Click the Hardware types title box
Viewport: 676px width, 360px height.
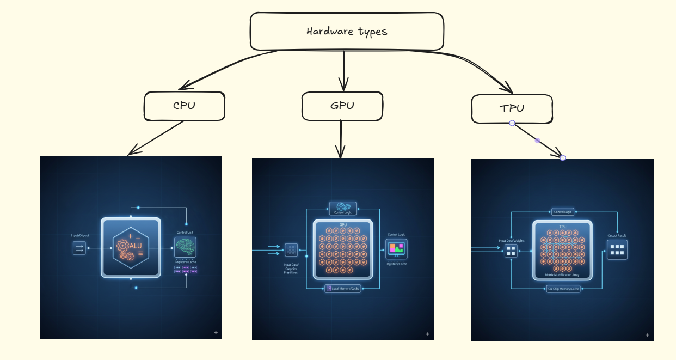(347, 31)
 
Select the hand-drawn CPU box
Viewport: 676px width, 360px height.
(184, 106)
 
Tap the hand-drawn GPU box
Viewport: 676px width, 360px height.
(341, 106)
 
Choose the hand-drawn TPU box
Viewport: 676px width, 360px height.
(512, 108)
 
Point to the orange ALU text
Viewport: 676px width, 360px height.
(136, 246)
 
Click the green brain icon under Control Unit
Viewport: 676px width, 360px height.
(185, 247)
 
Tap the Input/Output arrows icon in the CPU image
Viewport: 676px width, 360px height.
(79, 248)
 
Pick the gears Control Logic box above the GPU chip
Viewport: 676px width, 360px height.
(343, 208)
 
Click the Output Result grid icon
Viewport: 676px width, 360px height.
(617, 249)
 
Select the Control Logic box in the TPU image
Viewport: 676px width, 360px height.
(563, 211)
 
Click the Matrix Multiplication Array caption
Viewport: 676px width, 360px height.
(563, 276)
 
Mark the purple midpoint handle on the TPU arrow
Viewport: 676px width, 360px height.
(538, 141)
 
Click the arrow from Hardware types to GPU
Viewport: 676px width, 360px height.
(343, 71)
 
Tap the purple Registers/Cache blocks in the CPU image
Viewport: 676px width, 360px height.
(186, 270)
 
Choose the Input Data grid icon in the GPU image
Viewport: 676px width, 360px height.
(291, 250)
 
